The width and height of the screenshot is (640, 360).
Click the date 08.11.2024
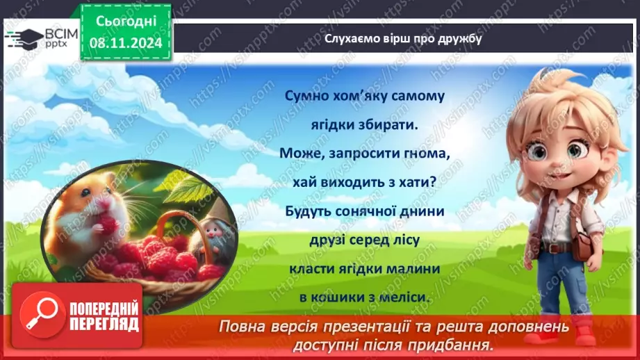coord(126,42)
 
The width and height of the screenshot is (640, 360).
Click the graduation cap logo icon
coord(23,37)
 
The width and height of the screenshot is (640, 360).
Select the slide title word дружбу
coord(457,38)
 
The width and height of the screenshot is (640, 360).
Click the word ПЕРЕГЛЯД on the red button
coord(104,325)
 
